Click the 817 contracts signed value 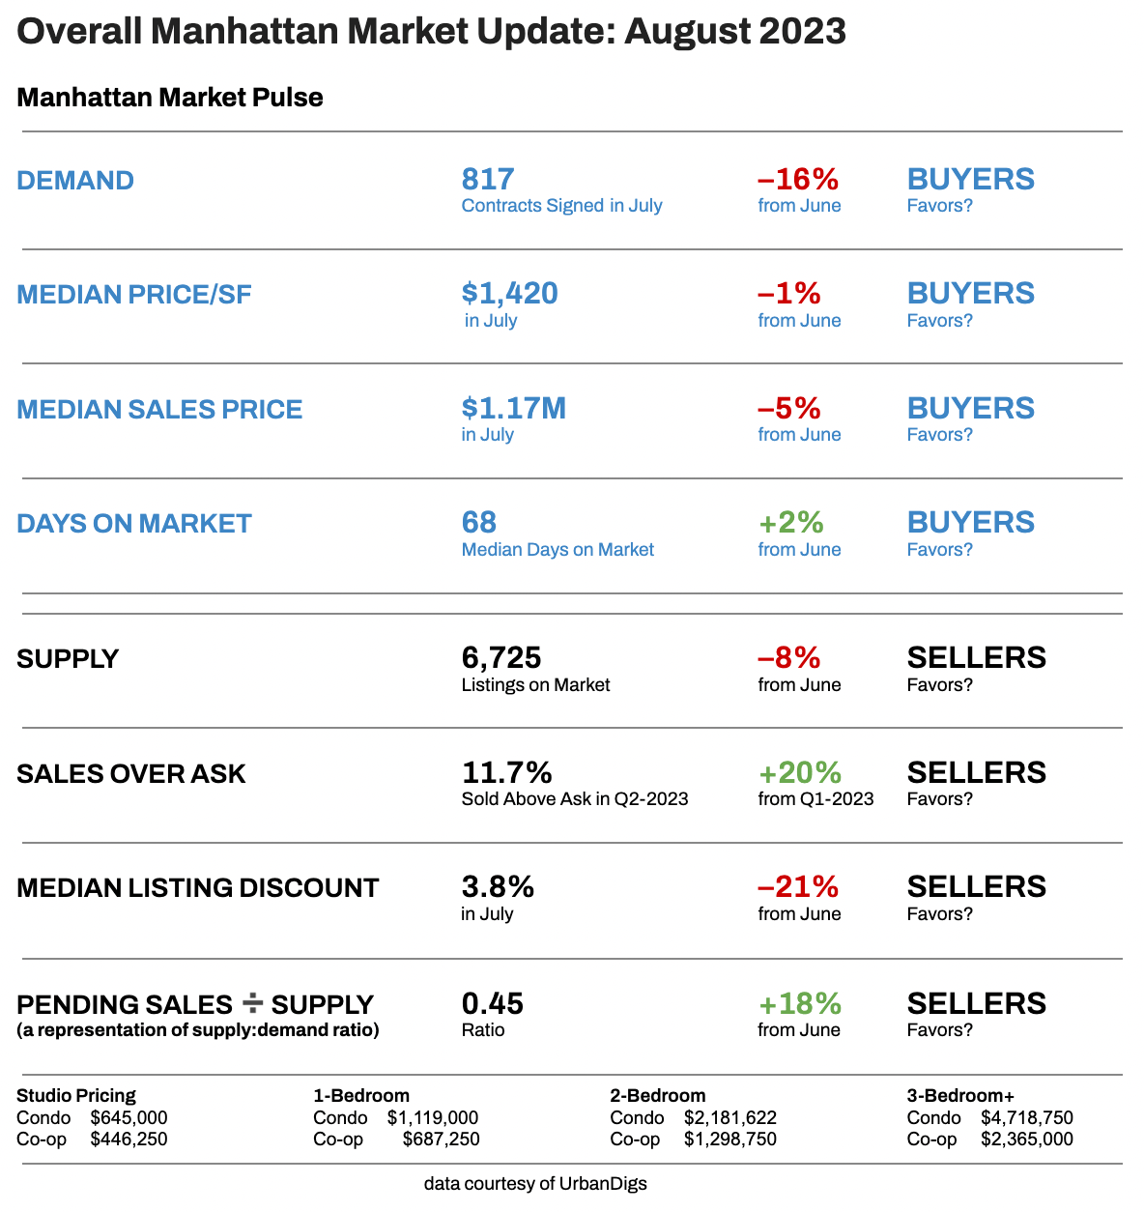coord(488,180)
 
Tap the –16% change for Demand coord(797,180)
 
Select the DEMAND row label coord(75,181)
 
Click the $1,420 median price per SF coord(509,294)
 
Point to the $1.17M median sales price coord(513,409)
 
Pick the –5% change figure coord(788,409)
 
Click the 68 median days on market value coord(479,523)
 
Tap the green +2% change coord(790,523)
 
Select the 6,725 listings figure coord(500,658)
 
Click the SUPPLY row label coord(68,659)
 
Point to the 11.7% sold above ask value coord(506,773)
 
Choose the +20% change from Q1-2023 coord(799,773)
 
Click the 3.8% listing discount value coord(498,887)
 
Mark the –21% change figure coord(797,887)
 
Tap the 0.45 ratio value coord(492,1003)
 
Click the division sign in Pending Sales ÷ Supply coord(252,1003)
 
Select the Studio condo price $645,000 coord(129,1118)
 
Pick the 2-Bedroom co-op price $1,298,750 coord(729,1140)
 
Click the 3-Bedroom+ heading coord(960,1096)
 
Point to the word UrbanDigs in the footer coord(603,1184)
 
